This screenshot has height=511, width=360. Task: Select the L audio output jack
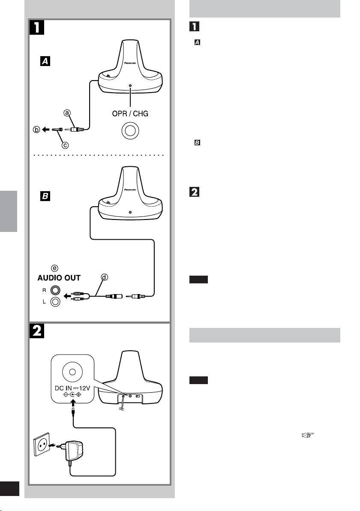(x=55, y=301)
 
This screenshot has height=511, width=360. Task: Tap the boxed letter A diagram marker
(x=45, y=61)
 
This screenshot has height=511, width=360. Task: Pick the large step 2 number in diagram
(x=37, y=332)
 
